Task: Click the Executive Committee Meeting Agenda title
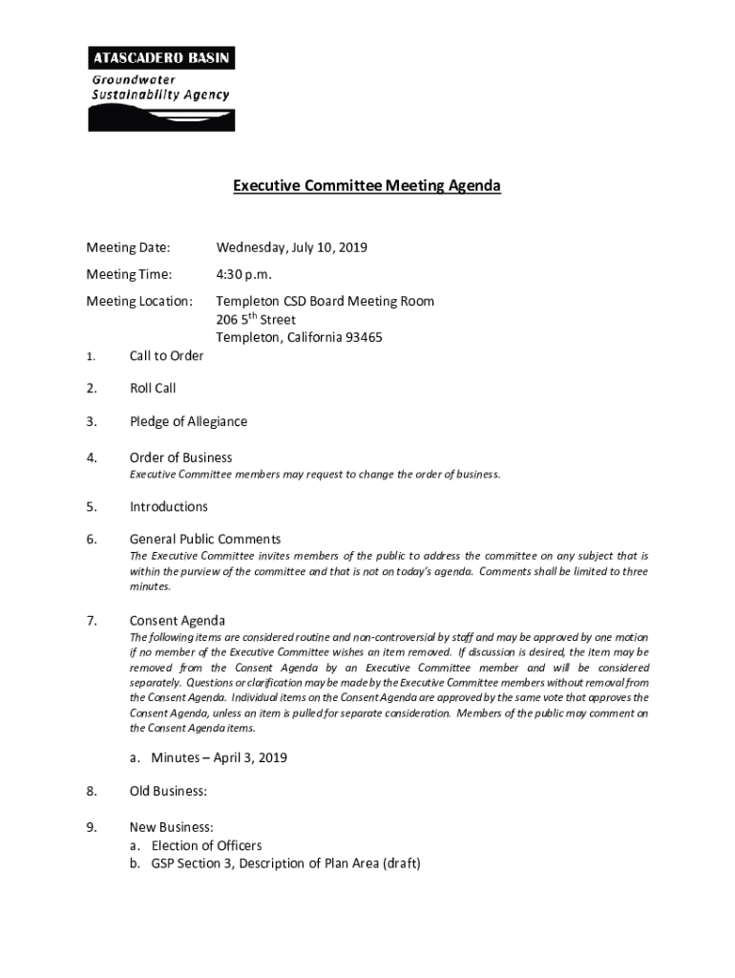(x=367, y=185)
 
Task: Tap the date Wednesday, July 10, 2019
(x=291, y=248)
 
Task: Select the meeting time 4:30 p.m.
(x=243, y=275)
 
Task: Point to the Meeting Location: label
(x=139, y=302)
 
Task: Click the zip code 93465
(x=363, y=337)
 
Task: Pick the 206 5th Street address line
(x=255, y=319)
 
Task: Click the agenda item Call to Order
(x=166, y=356)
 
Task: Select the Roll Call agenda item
(x=153, y=389)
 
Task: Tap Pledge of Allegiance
(x=188, y=422)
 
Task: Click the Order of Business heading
(x=180, y=457)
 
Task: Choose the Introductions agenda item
(x=168, y=506)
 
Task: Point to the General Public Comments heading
(x=204, y=540)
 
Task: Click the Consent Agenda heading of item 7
(x=177, y=621)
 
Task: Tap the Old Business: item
(x=168, y=792)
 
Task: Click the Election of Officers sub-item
(x=206, y=845)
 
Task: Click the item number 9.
(x=92, y=826)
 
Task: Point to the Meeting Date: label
(x=128, y=248)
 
